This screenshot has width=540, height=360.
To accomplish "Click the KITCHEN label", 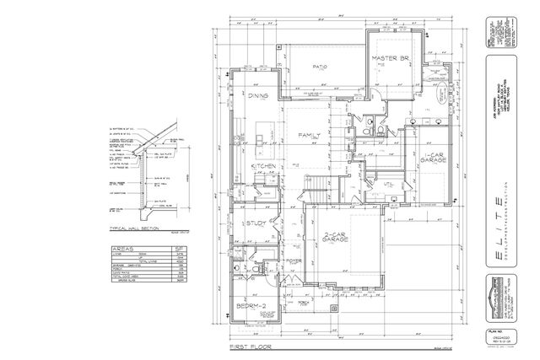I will pyautogui.click(x=264, y=167).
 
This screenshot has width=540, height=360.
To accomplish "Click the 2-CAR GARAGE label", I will pyautogui.click(x=336, y=239).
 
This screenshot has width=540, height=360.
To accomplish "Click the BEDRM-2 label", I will pyautogui.click(x=251, y=305).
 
